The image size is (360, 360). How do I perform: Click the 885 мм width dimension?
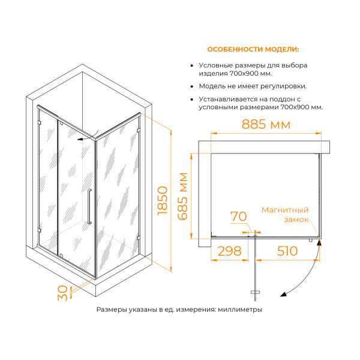(x=266, y=125)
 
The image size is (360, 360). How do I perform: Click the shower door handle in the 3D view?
(x=89, y=206)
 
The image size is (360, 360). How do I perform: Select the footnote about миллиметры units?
(x=179, y=310)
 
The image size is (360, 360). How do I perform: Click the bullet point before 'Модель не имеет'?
(x=191, y=86)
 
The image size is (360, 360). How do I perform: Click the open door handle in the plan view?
(x=256, y=292)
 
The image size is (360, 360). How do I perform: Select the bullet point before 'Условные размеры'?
(x=191, y=65)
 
